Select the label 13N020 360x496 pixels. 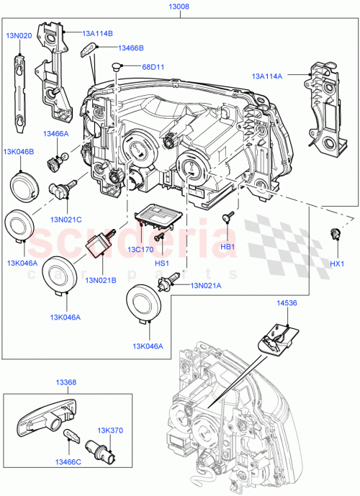tap(19, 35)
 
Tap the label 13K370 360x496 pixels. tap(110, 430)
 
